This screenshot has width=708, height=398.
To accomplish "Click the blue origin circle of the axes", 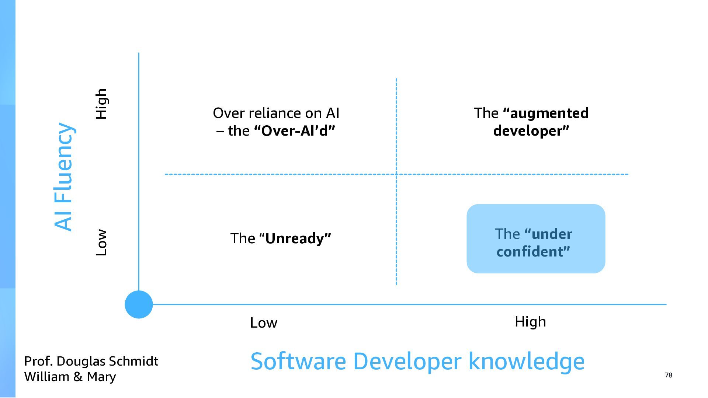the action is click(x=139, y=304).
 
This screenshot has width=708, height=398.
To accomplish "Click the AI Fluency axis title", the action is click(x=64, y=177).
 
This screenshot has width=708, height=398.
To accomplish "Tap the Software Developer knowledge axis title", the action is click(x=417, y=361).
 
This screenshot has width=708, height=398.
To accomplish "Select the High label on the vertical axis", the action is click(x=101, y=104).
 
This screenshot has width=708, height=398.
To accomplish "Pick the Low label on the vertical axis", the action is click(x=101, y=242).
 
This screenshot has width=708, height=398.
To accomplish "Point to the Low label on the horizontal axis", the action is click(x=264, y=323).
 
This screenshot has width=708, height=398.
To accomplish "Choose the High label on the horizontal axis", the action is click(x=530, y=322).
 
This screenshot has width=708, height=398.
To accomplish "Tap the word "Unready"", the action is click(x=294, y=238).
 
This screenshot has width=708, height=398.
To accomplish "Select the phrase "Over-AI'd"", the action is click(x=295, y=131).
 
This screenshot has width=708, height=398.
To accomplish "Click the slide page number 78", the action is click(x=669, y=375).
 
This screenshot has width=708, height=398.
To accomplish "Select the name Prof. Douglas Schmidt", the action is click(x=91, y=361).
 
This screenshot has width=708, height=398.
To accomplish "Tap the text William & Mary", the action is click(x=70, y=377).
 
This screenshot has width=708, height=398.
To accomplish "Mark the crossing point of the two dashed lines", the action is click(x=396, y=174).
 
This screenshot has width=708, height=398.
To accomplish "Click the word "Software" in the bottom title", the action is click(x=298, y=361).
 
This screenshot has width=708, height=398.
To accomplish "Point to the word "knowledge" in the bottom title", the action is click(x=526, y=361).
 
